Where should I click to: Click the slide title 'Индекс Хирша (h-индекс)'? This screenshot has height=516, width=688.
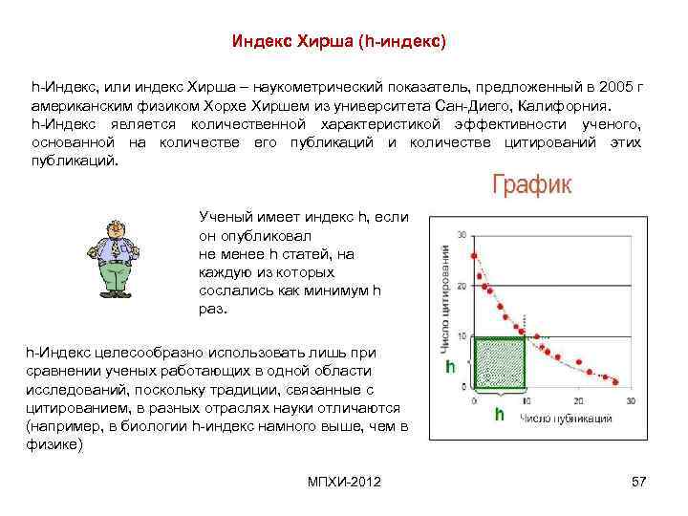(339, 42)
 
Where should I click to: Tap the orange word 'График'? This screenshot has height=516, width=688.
(532, 184)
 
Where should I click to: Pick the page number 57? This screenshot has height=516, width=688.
(639, 481)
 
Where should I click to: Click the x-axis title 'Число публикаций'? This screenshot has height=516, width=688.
(567, 418)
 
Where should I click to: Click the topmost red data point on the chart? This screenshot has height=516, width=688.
(475, 255)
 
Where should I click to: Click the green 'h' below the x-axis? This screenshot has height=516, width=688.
(498, 415)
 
